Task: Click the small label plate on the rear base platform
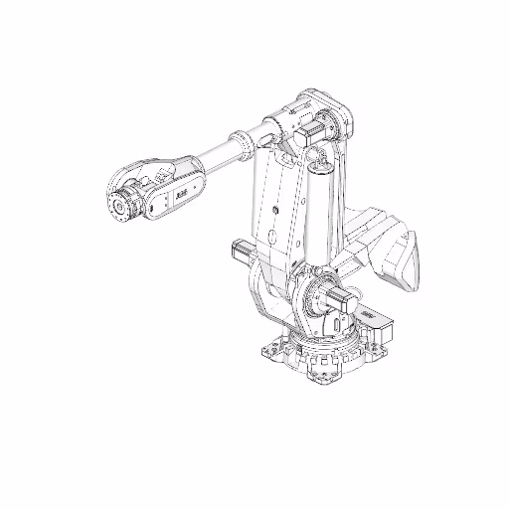369,315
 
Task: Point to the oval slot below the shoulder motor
337,325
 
